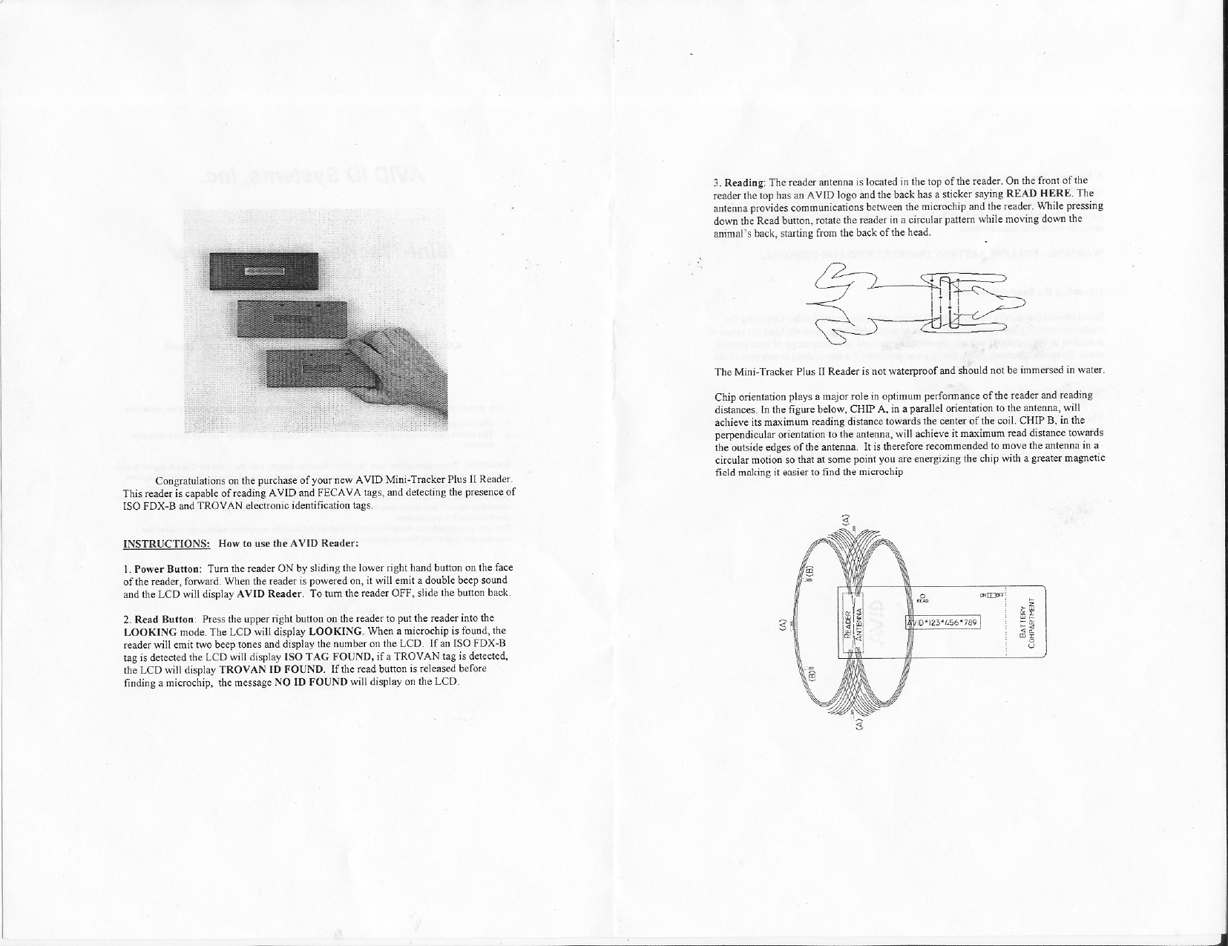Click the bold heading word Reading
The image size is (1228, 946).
pyautogui.click(x=744, y=182)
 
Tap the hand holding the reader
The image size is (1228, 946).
pyautogui.click(x=401, y=371)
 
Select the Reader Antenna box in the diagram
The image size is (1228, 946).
pyautogui.click(x=849, y=622)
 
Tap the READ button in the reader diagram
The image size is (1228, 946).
pyautogui.click(x=921, y=597)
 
